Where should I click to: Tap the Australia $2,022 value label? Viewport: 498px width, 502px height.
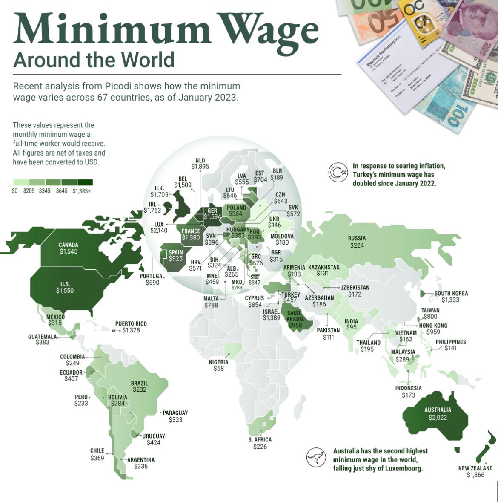coord(438,417)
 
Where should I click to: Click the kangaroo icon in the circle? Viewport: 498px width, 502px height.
coord(316,458)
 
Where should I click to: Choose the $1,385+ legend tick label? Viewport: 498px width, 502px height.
coord(81,191)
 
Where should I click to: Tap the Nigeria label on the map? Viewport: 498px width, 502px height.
coord(218,362)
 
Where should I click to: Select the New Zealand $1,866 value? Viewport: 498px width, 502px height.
coord(475,475)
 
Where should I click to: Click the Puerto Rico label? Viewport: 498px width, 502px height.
coord(131,323)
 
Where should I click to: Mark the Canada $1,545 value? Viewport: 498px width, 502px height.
coord(68,251)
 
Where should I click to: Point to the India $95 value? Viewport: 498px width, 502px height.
coord(351,328)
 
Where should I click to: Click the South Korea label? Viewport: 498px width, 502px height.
coord(451,293)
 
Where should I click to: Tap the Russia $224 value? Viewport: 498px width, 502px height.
coord(357,245)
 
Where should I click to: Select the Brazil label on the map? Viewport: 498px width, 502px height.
coord(139,383)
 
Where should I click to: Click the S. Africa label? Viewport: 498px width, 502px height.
coord(260,439)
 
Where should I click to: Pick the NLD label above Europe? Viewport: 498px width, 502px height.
coord(200,160)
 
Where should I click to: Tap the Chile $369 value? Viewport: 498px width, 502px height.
coord(97,458)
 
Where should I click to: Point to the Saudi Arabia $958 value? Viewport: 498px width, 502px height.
coord(295,325)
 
